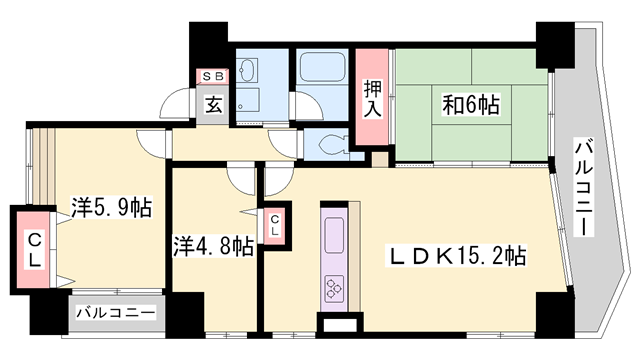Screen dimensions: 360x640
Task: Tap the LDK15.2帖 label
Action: [458, 257]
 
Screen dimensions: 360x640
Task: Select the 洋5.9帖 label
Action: [111, 208]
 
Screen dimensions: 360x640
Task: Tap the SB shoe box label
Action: [214, 76]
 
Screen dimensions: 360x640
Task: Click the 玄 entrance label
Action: [214, 102]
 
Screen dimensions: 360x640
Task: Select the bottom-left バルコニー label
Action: [115, 314]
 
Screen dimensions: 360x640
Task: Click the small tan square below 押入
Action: [379, 158]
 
